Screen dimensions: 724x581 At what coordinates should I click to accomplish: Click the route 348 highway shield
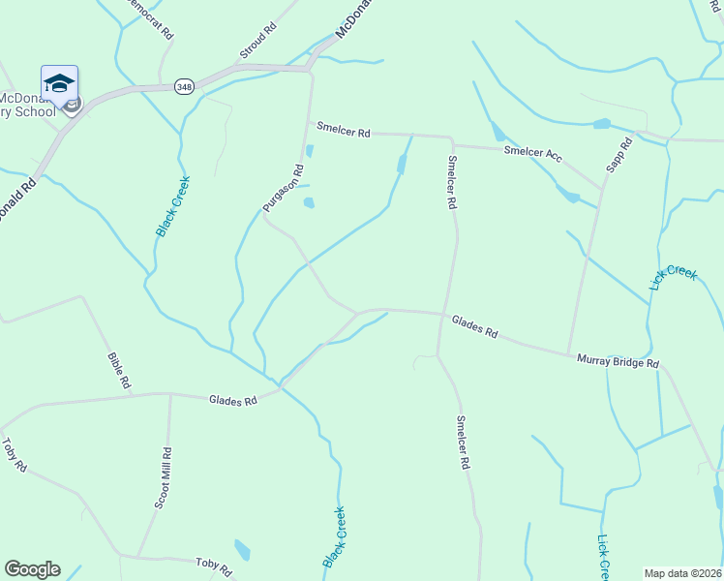pyautogui.click(x=184, y=87)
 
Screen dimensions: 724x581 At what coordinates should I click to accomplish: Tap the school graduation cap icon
pyautogui.click(x=59, y=83)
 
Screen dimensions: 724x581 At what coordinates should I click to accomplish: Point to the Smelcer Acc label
pyautogui.click(x=532, y=155)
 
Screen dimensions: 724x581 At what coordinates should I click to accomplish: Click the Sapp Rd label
pyautogui.click(x=618, y=154)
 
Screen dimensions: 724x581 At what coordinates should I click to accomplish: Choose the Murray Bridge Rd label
pyautogui.click(x=618, y=361)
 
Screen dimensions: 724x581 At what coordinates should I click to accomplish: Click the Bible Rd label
pyautogui.click(x=118, y=370)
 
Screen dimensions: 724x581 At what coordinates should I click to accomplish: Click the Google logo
pyautogui.click(x=32, y=569)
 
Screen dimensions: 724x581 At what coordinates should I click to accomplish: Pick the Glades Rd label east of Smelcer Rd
pyautogui.click(x=474, y=326)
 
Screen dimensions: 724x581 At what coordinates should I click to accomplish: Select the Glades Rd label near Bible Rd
pyautogui.click(x=233, y=400)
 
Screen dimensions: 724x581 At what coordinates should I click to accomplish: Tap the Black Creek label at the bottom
pyautogui.click(x=333, y=537)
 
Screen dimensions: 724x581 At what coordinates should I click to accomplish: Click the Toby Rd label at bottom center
pyautogui.click(x=214, y=566)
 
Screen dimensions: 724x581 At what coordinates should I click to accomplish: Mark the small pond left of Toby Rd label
pyautogui.click(x=242, y=551)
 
